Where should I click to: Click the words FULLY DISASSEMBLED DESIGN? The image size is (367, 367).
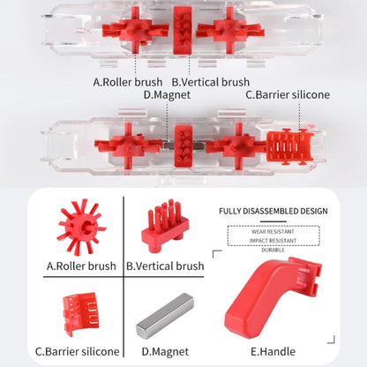273,211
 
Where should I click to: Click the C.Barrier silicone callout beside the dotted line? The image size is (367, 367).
288,94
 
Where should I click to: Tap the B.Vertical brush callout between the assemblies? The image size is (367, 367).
210,82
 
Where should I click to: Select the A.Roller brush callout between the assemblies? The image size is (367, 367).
129,82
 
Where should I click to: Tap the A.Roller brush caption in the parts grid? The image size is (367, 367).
81,265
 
